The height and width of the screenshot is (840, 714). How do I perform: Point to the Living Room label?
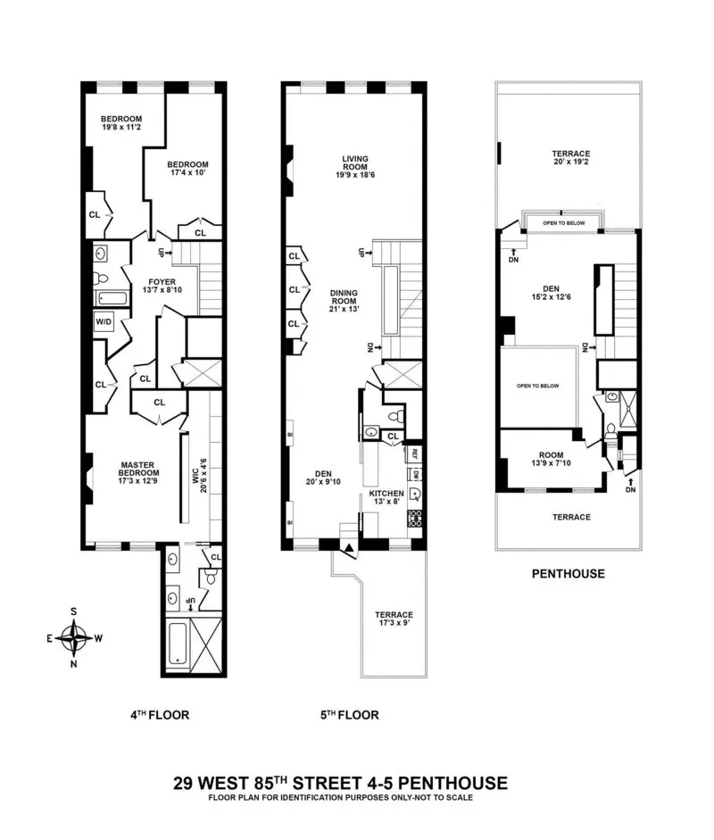point(355,165)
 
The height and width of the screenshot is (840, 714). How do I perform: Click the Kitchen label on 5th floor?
point(387,498)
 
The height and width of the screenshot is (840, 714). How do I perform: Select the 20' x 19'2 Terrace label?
point(570,159)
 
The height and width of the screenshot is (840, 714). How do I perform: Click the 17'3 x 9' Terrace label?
point(394,620)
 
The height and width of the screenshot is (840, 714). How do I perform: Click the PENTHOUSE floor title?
point(569,574)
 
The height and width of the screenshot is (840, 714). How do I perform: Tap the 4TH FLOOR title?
point(158,715)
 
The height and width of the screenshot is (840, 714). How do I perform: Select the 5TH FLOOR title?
point(348,715)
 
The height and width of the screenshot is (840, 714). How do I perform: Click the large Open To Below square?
point(537,387)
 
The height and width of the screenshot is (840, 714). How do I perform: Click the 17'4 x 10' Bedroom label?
point(188,169)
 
